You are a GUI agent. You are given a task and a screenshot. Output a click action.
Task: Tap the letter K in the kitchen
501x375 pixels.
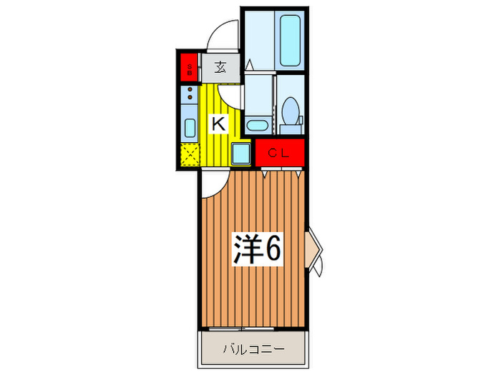click(218, 124)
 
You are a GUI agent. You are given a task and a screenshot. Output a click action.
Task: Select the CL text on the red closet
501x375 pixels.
click(280, 152)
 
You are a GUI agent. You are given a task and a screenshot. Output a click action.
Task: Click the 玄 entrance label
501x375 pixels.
click(220, 69)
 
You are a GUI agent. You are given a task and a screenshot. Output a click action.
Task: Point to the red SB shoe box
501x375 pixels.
click(189, 69)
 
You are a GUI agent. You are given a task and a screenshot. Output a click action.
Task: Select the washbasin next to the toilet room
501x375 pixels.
click(256, 126)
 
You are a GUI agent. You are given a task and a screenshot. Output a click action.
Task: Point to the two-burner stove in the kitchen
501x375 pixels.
click(190, 92)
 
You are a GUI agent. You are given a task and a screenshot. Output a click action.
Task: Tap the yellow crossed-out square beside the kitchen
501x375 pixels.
click(190, 154)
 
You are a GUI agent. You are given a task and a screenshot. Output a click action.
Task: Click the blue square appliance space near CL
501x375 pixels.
click(241, 153)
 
